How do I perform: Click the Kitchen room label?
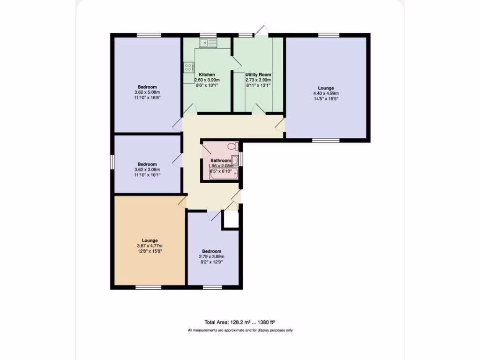[x=207, y=75]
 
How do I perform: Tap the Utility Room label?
[x=258, y=75]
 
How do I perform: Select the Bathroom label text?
[x=220, y=160]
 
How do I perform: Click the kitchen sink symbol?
[x=206, y=44]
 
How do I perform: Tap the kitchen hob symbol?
[x=189, y=67]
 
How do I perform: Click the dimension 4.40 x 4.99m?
[x=326, y=93]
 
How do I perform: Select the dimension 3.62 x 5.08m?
[x=147, y=92]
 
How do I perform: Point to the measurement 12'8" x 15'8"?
[x=147, y=251]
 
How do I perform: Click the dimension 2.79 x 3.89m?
[x=212, y=256]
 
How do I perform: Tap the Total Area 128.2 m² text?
[x=239, y=322]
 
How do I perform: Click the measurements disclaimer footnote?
[x=240, y=330]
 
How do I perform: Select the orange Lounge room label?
[x=147, y=240]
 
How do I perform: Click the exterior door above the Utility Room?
[x=261, y=32]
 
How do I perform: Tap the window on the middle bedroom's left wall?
[x=112, y=160]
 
